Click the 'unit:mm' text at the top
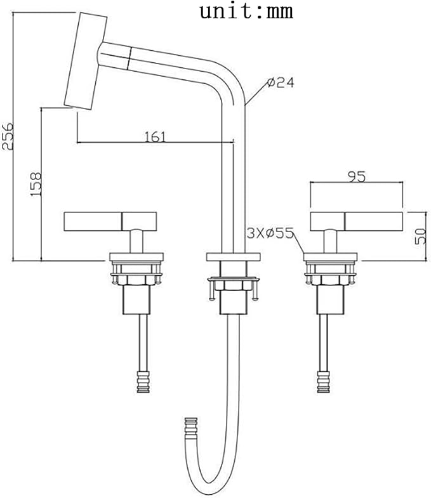pos(246,11)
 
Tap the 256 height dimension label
pos(8,136)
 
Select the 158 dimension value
pos(36,184)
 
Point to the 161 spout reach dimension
pos(156,136)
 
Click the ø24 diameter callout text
pos(281,82)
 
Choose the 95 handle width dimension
pos(357,176)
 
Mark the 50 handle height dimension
pos(420,236)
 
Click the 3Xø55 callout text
pos(270,233)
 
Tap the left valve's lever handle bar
pos(110,221)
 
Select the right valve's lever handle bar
pos(356,221)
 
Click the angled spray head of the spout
pos(85,62)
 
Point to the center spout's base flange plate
pos(234,257)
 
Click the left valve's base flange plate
pos(136,257)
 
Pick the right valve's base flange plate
pos(330,257)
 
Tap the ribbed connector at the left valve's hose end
pos(143,382)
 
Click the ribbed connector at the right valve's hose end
pos(323,382)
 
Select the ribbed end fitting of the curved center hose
pos(191,429)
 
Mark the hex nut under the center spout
pos(234,285)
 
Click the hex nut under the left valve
pos(136,280)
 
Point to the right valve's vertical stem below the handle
pos(330,241)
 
